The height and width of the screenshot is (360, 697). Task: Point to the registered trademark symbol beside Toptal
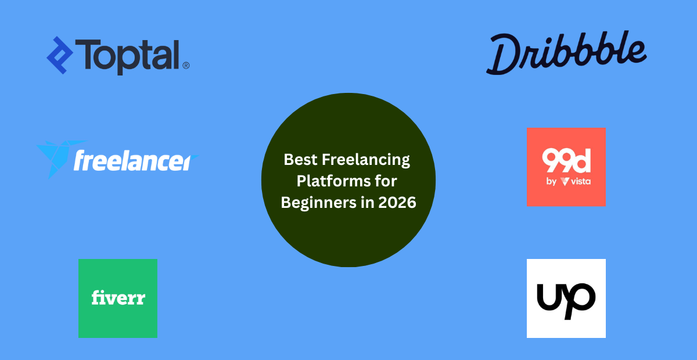pyautogui.click(x=186, y=66)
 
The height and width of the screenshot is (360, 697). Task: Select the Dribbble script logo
pyautogui.click(x=566, y=54)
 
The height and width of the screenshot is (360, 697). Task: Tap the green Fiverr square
pyautogui.click(x=118, y=298)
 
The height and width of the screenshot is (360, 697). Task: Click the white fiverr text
pyautogui.click(x=118, y=298)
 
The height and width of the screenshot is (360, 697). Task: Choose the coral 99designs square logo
pyautogui.click(x=566, y=167)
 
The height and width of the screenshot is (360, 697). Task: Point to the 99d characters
pyautogui.click(x=566, y=161)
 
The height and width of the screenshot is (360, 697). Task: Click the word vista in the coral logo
pyautogui.click(x=580, y=182)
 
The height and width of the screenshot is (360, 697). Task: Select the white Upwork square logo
pyautogui.click(x=566, y=298)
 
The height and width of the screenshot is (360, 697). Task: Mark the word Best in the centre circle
pyautogui.click(x=299, y=160)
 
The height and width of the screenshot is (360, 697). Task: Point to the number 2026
pyautogui.click(x=397, y=203)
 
